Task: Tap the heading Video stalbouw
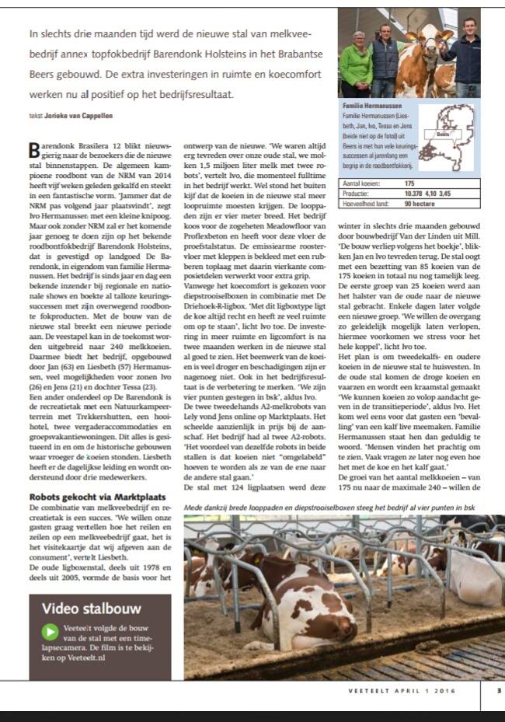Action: [86, 607]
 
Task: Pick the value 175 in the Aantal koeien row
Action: [409, 183]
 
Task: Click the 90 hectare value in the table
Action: [419, 203]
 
